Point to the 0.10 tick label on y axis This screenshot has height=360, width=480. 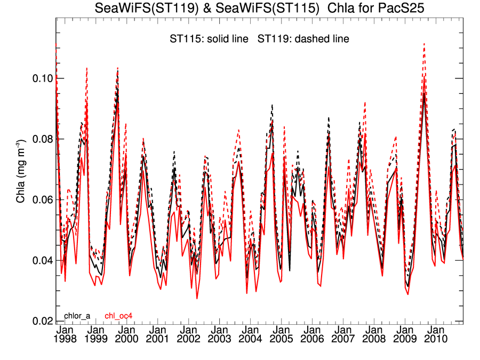coord(39,78)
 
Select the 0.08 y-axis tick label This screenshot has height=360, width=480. coord(39,139)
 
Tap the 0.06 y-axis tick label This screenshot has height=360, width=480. coord(39,200)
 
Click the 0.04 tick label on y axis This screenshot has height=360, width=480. coord(39,261)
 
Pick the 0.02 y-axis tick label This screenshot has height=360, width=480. coord(39,322)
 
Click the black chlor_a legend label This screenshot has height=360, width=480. coord(78,316)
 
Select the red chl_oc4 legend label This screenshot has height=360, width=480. coord(118,316)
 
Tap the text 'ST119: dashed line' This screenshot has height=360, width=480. coord(303,39)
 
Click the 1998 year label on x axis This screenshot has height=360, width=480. coord(66,339)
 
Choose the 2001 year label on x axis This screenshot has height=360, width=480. coord(157,339)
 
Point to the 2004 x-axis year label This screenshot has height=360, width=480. coord(250,339)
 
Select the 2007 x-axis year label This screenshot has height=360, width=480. coord(342,339)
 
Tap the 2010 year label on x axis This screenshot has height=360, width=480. coord(435,339)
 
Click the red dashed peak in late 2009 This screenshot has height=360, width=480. coord(424,44)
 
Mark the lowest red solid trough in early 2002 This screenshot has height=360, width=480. coord(197,298)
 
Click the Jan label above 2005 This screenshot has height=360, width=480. coord(281,330)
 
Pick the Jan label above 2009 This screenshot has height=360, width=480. coord(404,330)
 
